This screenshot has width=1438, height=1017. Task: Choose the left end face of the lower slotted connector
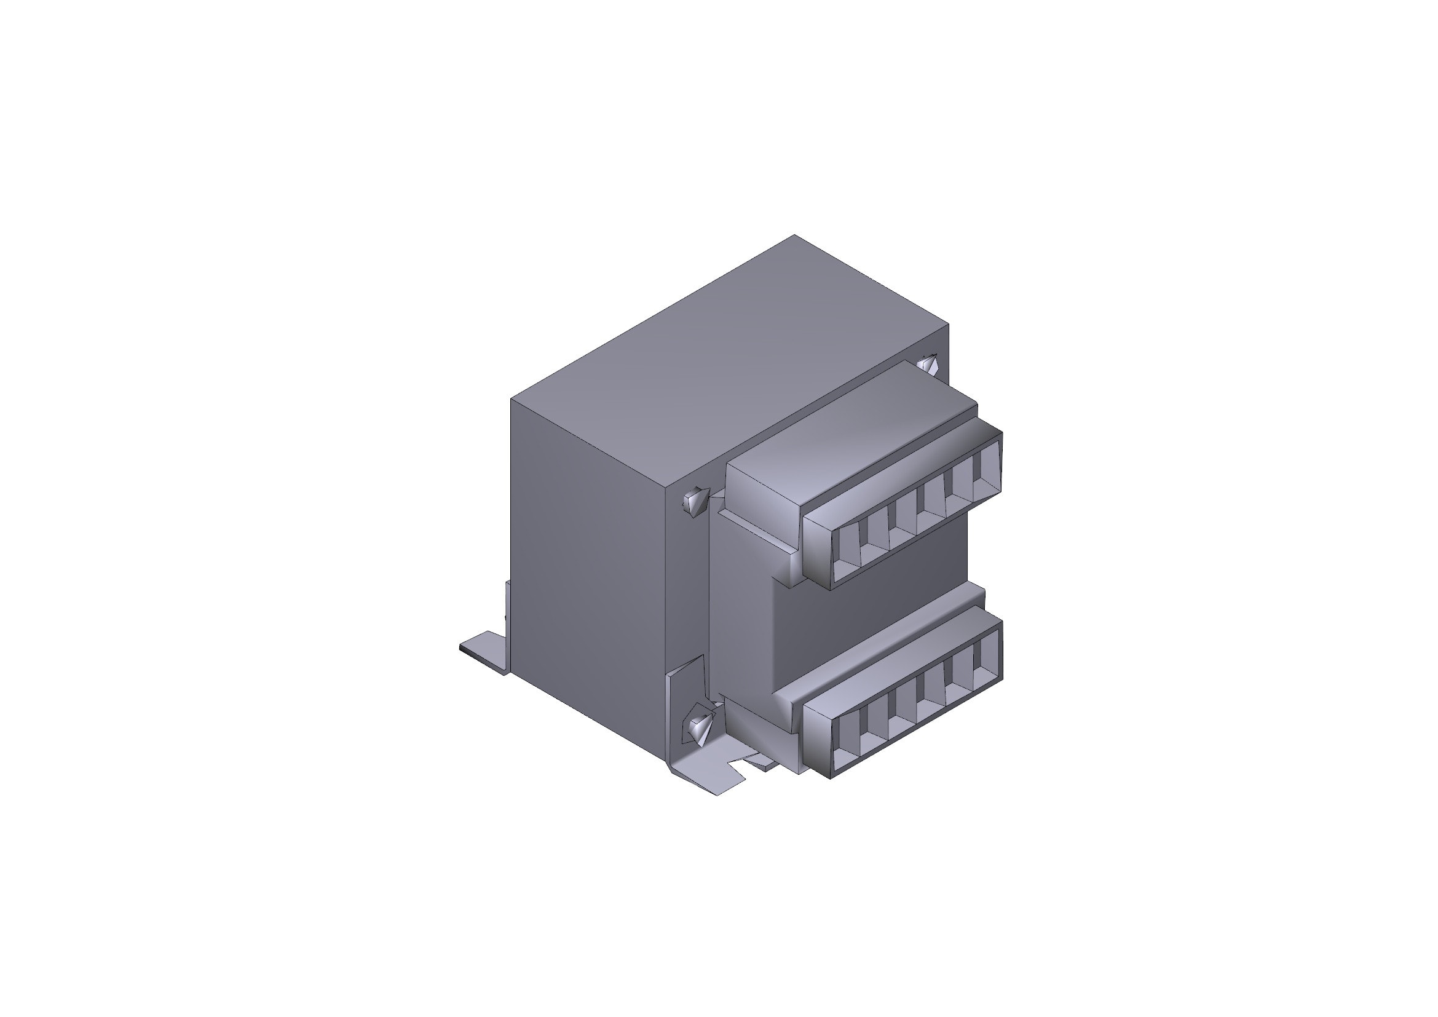click(x=817, y=736)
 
